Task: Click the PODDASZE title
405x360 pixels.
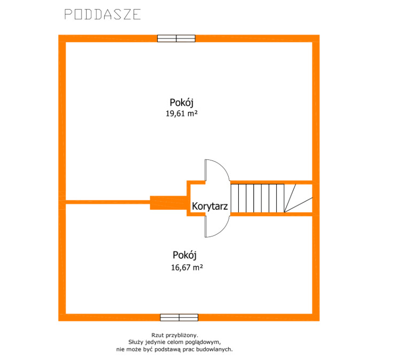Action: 103,14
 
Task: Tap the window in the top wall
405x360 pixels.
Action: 176,39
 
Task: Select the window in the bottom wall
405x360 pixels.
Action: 179,317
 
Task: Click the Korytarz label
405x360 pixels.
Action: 210,206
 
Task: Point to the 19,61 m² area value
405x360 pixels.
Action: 182,113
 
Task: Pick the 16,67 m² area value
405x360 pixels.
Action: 187,267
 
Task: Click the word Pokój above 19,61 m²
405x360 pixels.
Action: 181,102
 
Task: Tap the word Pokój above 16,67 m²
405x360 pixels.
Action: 184,255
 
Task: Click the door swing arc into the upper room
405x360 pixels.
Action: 223,166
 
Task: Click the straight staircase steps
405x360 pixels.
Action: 258,198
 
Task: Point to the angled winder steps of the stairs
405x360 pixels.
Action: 298,198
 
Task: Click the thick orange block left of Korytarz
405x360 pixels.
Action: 168,203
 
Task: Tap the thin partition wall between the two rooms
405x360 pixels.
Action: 108,202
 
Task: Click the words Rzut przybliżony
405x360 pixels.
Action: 175,335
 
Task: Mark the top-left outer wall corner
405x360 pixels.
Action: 59,35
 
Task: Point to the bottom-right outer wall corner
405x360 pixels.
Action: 320,321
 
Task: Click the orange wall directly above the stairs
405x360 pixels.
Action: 271,182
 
